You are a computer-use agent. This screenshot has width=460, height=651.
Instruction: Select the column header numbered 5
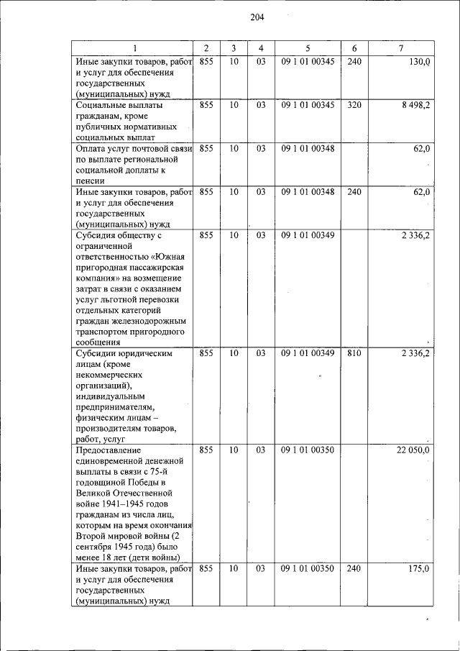click(308, 48)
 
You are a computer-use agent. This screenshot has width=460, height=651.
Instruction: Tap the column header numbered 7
click(400, 48)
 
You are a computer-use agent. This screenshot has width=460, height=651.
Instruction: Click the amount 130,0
click(419, 63)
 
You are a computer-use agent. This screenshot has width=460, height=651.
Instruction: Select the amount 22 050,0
click(413, 450)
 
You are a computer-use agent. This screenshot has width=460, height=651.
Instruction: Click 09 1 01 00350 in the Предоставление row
click(308, 450)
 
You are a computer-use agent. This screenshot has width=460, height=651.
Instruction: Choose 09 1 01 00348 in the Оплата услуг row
click(308, 148)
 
